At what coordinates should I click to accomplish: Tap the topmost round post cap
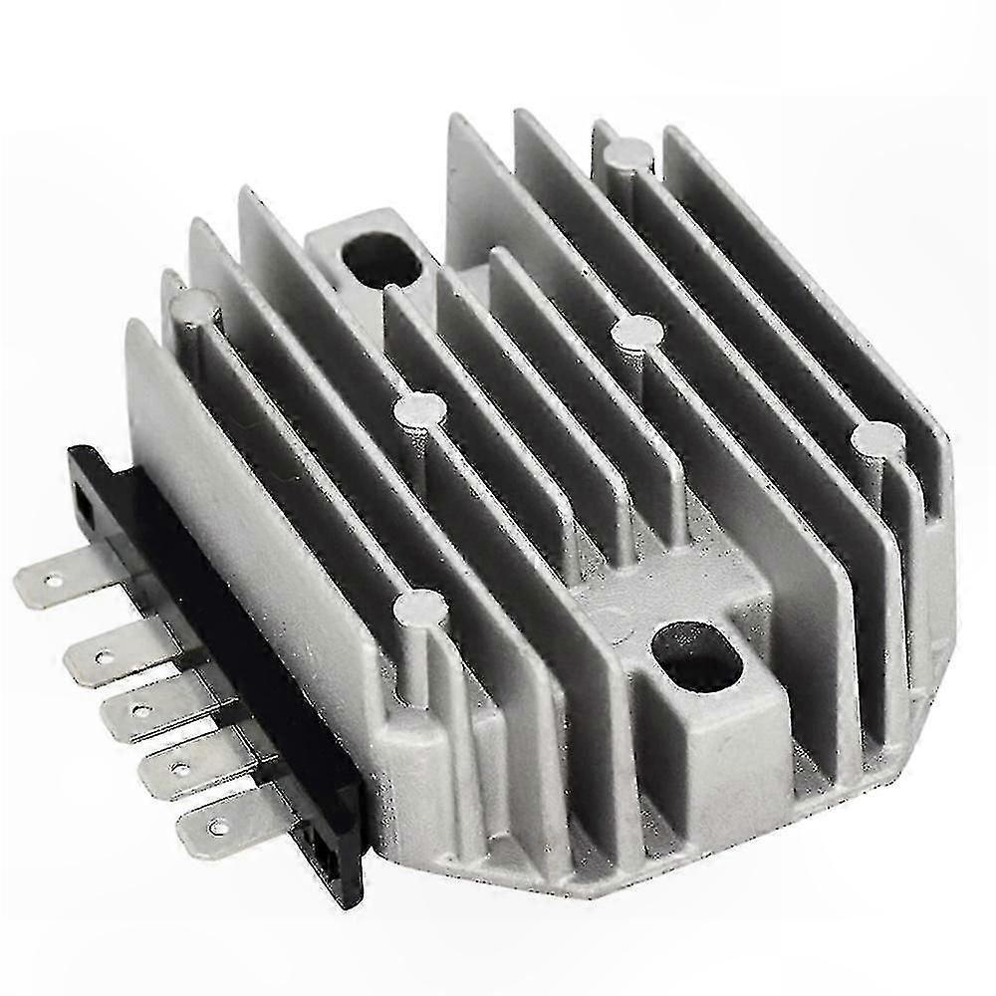[629, 155]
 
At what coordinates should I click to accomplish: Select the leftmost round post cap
[195, 305]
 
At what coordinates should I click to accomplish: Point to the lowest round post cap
[419, 607]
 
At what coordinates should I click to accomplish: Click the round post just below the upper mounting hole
[419, 408]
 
